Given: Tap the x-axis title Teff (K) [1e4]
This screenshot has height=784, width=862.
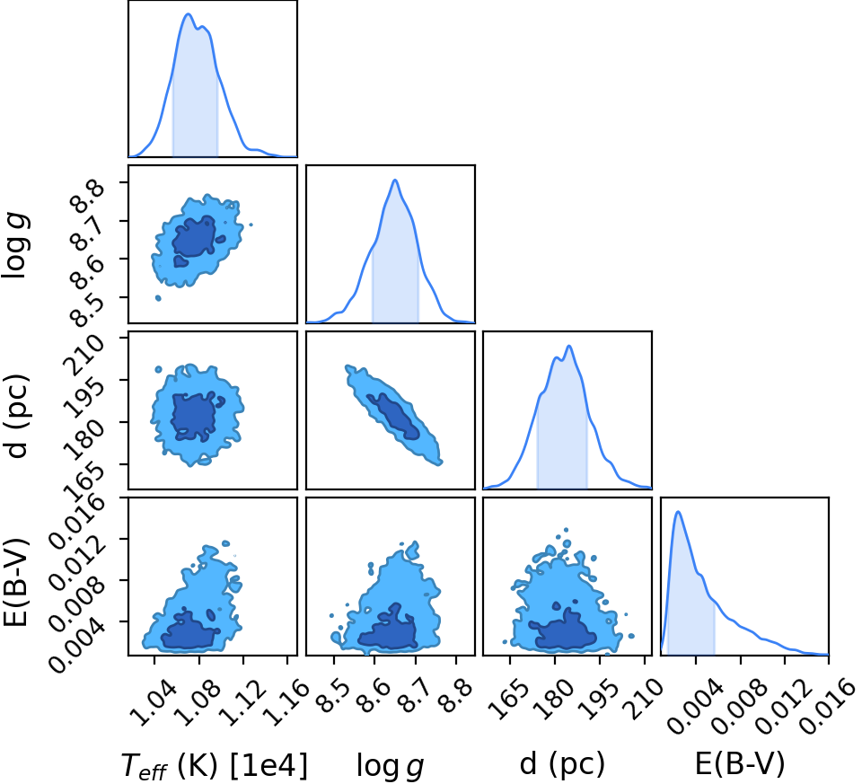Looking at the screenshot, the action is pyautogui.click(x=214, y=765).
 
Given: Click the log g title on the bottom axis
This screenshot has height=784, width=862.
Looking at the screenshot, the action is pyautogui.click(x=391, y=765).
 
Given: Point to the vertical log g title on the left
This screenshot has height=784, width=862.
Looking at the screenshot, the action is pyautogui.click(x=16, y=246).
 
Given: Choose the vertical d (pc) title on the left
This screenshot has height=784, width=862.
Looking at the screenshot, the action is pyautogui.click(x=16, y=416).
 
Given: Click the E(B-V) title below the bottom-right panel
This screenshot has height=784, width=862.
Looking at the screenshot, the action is pyautogui.click(x=740, y=764).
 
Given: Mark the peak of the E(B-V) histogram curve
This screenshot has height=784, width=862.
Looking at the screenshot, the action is pyautogui.click(x=679, y=512).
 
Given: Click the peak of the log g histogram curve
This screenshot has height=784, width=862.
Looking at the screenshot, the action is pyautogui.click(x=394, y=180).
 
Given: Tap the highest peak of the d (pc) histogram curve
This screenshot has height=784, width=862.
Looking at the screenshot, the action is pyautogui.click(x=569, y=346).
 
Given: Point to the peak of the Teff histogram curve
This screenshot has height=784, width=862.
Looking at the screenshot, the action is pyautogui.click(x=188, y=14).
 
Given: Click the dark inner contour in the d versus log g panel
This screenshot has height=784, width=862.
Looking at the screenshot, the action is pyautogui.click(x=393, y=416).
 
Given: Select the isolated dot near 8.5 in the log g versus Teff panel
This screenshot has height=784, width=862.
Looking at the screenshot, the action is pyautogui.click(x=158, y=298).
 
